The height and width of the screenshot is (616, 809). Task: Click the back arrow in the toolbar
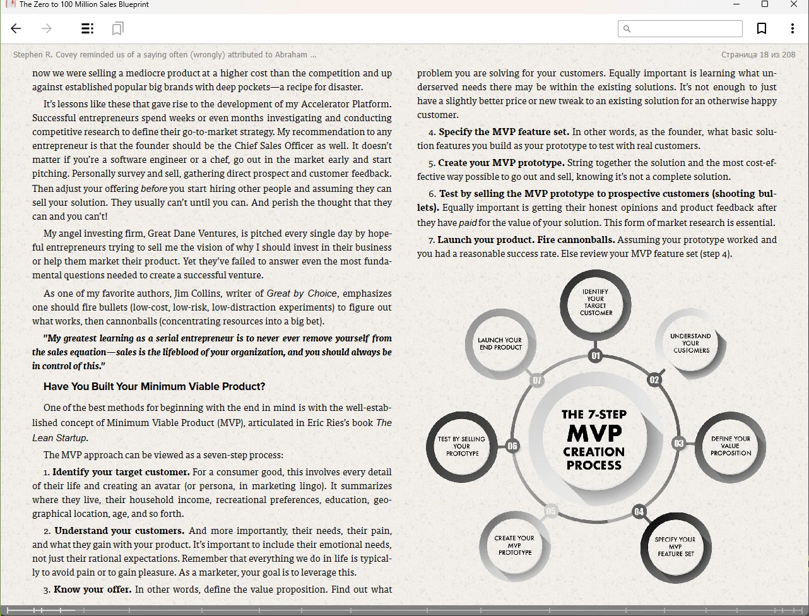[x=16, y=28]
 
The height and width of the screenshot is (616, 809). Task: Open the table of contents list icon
[x=88, y=28]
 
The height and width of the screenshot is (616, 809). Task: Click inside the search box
[x=684, y=28]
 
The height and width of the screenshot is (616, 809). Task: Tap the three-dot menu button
[x=793, y=28]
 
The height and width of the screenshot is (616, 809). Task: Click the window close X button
[x=794, y=4]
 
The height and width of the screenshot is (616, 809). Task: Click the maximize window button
[x=765, y=4]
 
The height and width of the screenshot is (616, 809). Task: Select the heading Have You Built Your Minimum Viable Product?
[x=154, y=386]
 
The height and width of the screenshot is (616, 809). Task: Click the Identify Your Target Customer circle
[x=595, y=303]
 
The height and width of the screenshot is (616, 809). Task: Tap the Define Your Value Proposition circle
[x=730, y=446]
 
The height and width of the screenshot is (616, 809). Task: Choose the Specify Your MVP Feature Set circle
[x=675, y=547]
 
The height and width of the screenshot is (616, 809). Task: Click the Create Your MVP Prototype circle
[x=515, y=545]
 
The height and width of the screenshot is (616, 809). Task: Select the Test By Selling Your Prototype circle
[x=462, y=446]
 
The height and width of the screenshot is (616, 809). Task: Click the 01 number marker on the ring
[x=595, y=356]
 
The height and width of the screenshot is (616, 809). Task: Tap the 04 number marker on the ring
[x=639, y=511]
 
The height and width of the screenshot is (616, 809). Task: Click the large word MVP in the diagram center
[x=594, y=433]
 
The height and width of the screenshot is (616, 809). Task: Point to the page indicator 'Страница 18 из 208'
[x=758, y=55]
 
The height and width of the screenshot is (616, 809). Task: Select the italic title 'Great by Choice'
[x=302, y=293]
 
